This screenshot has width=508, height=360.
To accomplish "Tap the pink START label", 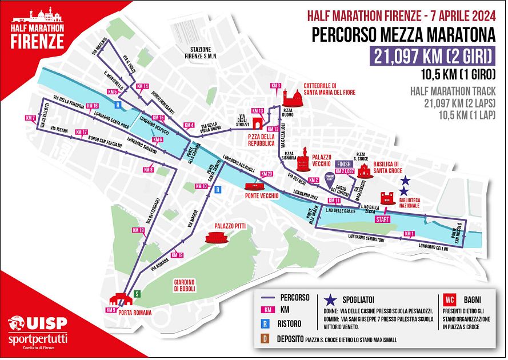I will click(x=382, y=219).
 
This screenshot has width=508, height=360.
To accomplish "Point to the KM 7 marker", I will click(x=31, y=118).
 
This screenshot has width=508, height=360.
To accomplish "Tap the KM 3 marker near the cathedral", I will click(x=277, y=86).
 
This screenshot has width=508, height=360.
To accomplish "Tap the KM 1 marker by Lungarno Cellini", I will click(x=408, y=233).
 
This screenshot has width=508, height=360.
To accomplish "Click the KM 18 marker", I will click(x=138, y=230).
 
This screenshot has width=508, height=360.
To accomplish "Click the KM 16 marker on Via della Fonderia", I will click(x=92, y=106).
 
